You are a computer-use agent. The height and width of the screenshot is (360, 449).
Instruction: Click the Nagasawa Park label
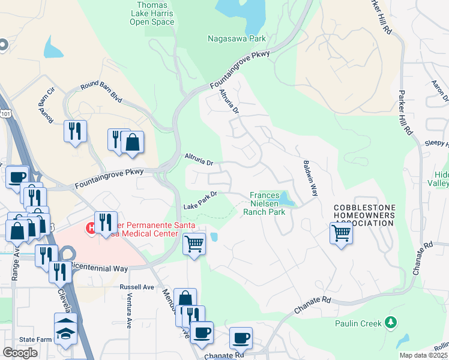point(237,38)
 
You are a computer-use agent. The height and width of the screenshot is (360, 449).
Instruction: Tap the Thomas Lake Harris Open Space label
point(152,14)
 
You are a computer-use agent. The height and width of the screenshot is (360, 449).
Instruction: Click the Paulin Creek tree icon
point(391,323)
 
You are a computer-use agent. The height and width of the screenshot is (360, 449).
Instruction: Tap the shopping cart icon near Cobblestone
point(341,232)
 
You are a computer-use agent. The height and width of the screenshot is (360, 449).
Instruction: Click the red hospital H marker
point(92,227)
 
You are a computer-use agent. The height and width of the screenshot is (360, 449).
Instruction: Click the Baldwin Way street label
point(310,178)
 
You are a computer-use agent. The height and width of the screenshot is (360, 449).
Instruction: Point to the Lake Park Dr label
point(199,200)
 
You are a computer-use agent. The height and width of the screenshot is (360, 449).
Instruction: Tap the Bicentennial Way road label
point(99,265)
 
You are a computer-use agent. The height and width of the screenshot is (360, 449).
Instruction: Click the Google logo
point(20,353)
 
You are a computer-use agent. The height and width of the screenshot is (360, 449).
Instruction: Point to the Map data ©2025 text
point(424,355)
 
